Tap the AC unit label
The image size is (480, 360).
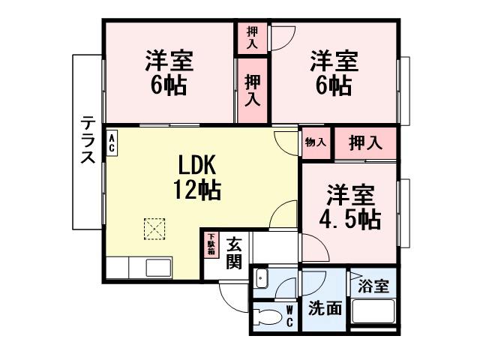coord(112,142)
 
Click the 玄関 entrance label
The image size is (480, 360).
coord(234,252)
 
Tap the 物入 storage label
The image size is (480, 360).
coord(316,142)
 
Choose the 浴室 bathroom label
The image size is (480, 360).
coord(373,286)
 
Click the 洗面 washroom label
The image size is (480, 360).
coord(325,308)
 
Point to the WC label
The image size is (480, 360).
coord(289,316)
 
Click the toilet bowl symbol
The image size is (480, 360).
coord(265,316)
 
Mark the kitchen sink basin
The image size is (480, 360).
coord(160,267)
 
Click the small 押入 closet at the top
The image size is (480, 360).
coord(253,38)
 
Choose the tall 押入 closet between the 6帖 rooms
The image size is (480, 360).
coord(253,89)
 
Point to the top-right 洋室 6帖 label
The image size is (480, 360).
coord(333,73)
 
